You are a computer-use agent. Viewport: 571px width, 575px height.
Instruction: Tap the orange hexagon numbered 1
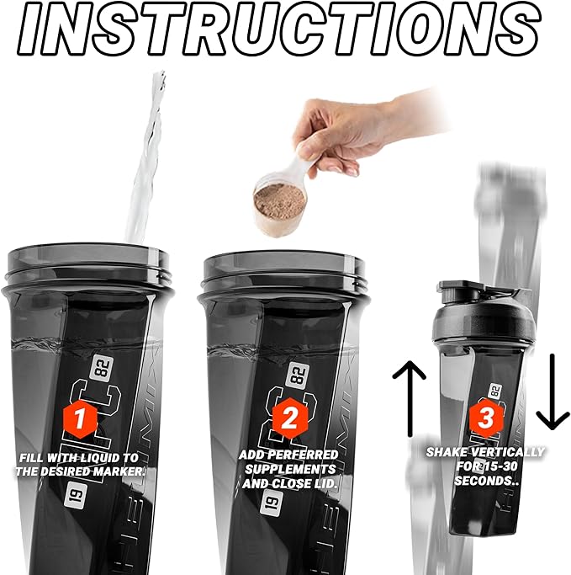point(78,418)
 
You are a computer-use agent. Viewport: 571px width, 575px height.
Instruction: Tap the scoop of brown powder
point(281,200)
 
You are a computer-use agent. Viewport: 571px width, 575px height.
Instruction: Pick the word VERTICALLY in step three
point(509,452)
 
